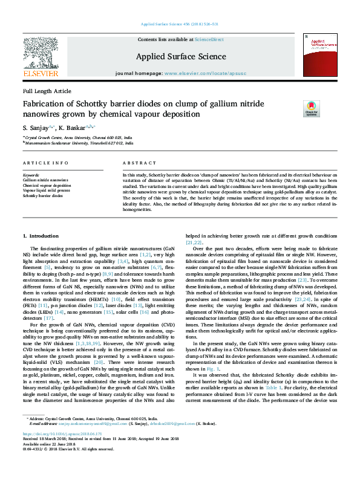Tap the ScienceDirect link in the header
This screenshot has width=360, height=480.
tap(209, 39)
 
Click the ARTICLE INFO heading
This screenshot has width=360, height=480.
tap(44, 164)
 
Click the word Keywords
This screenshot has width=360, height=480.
tap(31, 175)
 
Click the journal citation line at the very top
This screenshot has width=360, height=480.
tap(179, 24)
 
